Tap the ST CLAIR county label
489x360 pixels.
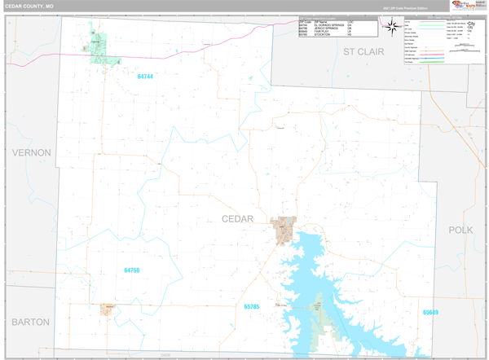coord(363,51)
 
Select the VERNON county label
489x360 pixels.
coord(31,152)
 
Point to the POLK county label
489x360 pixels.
coord(460,230)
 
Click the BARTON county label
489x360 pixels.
coord(31,322)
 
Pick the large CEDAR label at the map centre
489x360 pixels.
coord(237,219)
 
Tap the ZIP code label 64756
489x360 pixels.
coord(132,270)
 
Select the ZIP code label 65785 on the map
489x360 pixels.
coord(251,306)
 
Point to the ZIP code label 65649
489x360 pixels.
coord(430,312)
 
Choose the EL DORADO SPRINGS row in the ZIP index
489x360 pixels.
coord(326,25)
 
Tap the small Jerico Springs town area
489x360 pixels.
coord(107,309)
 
